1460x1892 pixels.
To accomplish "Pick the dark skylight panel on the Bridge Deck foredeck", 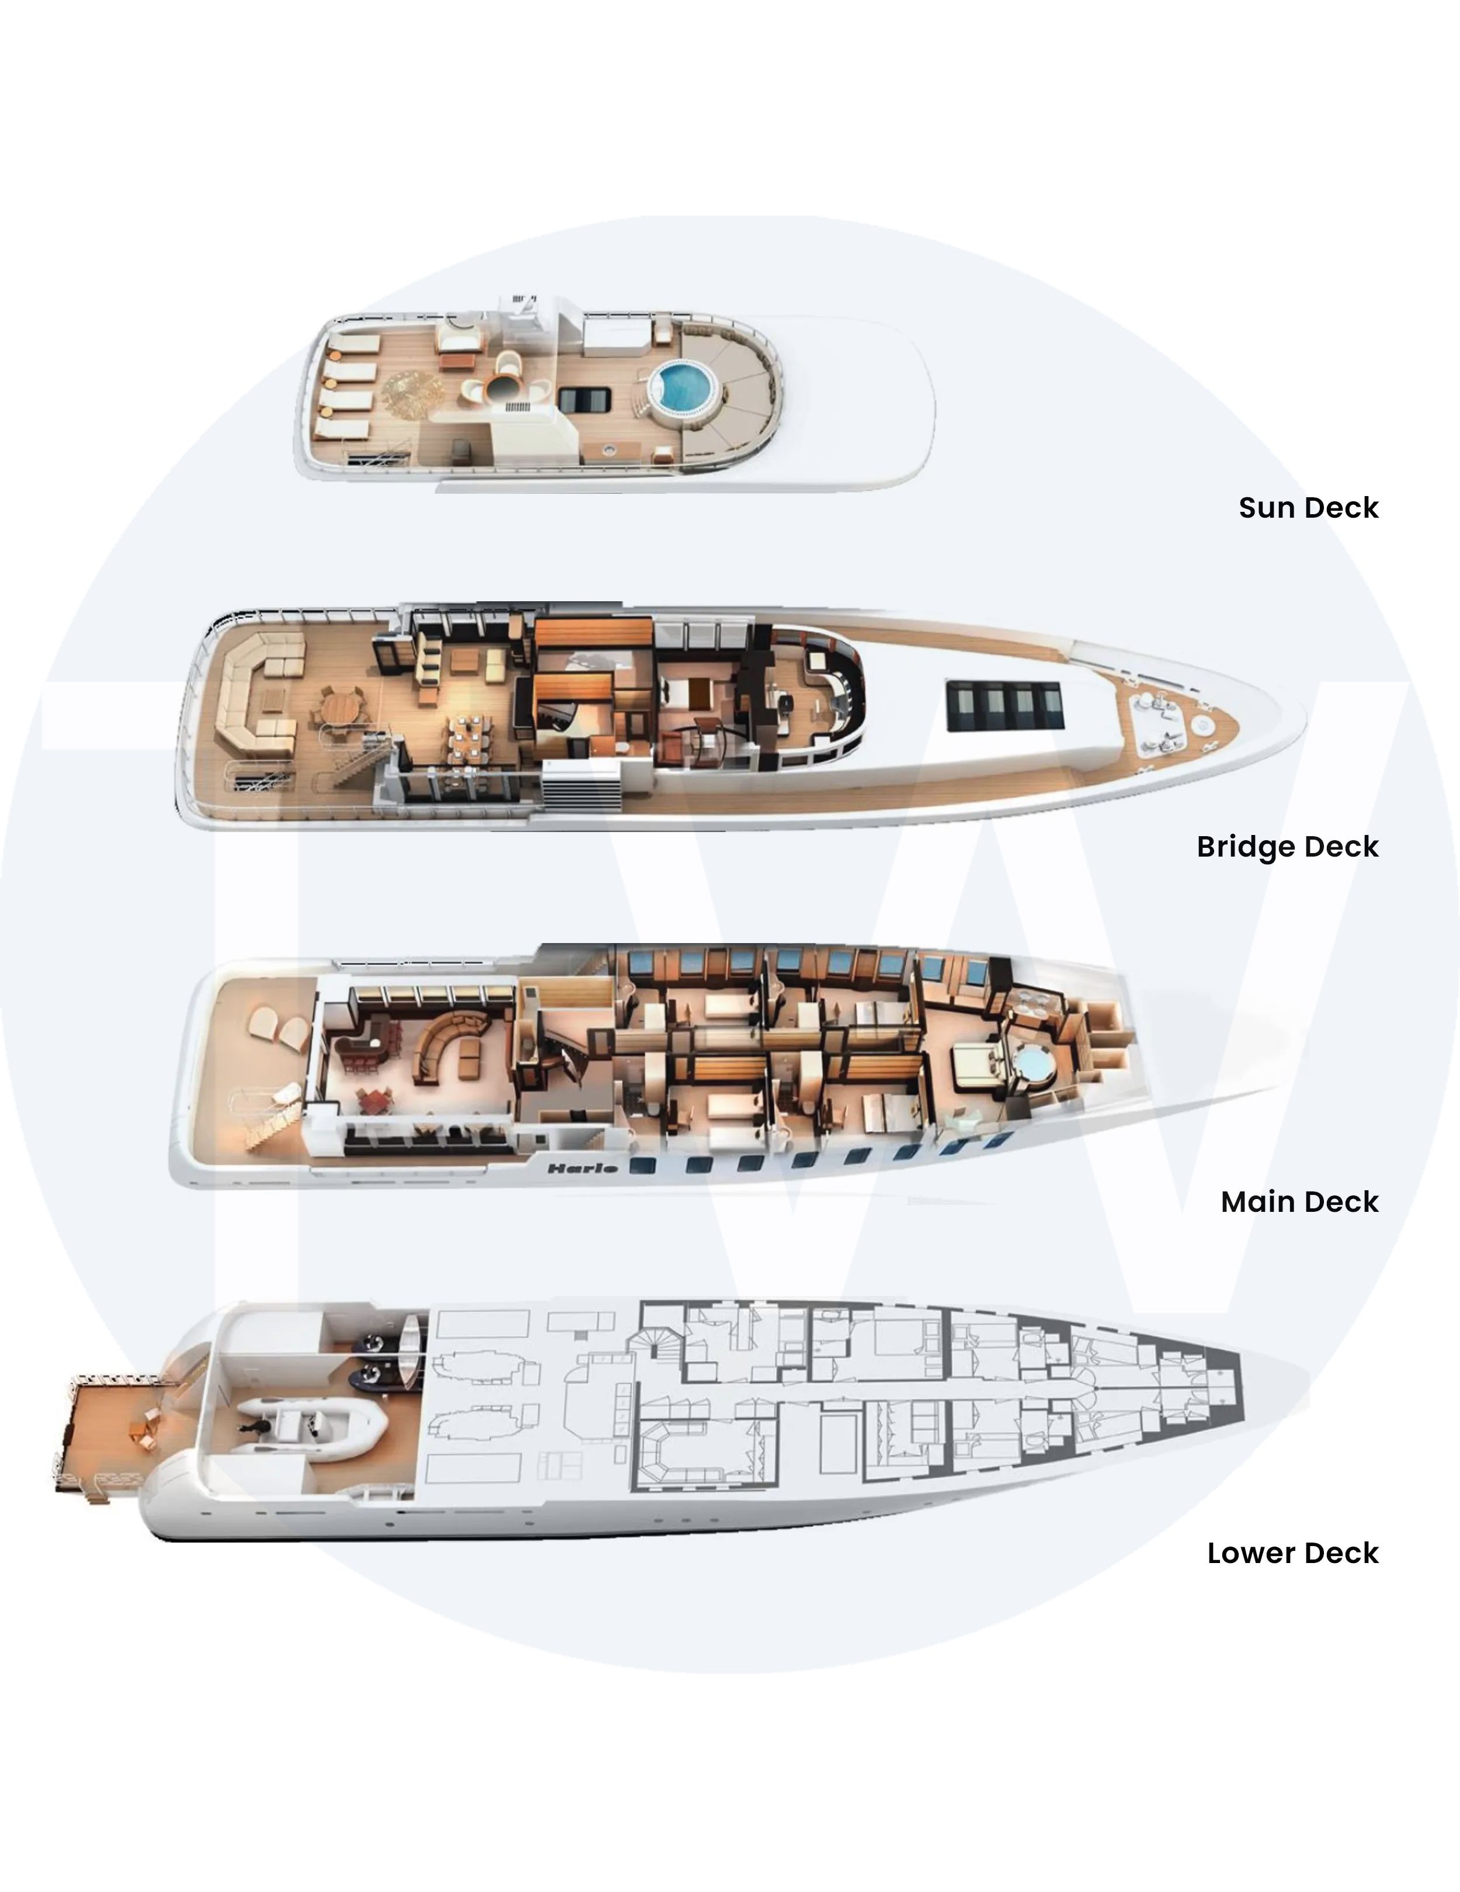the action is [x=1004, y=705].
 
